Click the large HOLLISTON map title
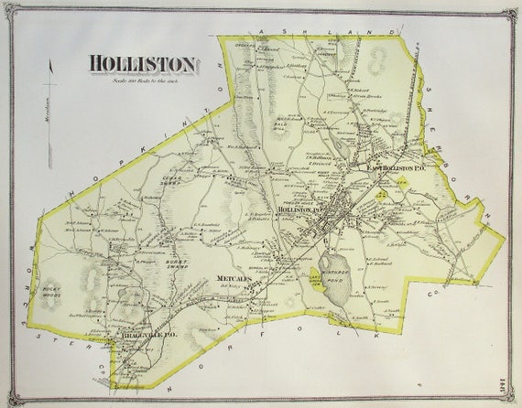(x=143, y=64)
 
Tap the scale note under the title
(x=143, y=81)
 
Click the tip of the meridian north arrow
(x=52, y=61)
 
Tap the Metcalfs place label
(x=234, y=276)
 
